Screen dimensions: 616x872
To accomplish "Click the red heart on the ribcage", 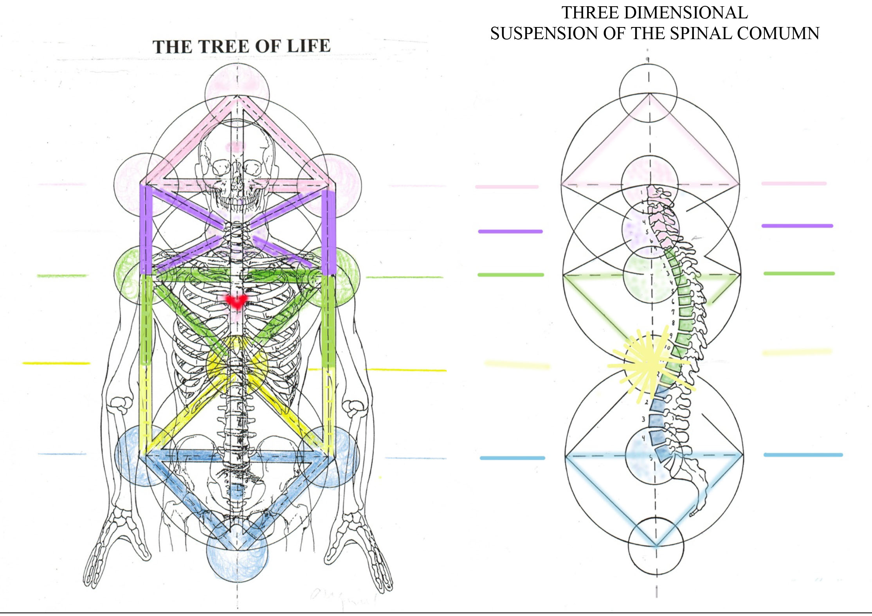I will pyautogui.click(x=237, y=301).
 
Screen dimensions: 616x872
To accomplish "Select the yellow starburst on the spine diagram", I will pyautogui.click(x=648, y=364).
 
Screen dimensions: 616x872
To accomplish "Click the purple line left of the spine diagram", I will pyautogui.click(x=510, y=231).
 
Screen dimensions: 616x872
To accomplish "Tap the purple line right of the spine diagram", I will pyautogui.click(x=797, y=226).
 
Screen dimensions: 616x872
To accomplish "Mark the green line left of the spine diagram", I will pyautogui.click(x=510, y=275).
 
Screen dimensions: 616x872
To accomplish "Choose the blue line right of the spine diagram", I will pyautogui.click(x=802, y=455).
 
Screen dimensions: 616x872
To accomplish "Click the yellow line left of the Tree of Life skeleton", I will pyautogui.click(x=56, y=363).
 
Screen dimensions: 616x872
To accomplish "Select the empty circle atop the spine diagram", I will pyautogui.click(x=648, y=92).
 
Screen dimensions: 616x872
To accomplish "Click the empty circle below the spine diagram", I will pyautogui.click(x=656, y=546).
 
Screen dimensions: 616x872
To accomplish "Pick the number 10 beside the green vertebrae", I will pyautogui.click(x=668, y=347).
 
